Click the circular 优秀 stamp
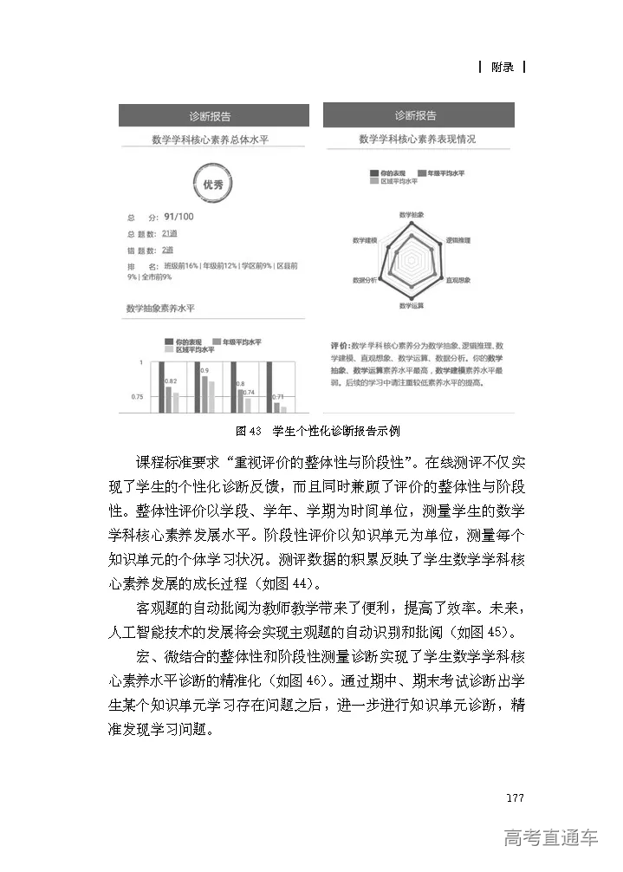tap(212, 185)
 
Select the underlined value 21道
tap(169, 234)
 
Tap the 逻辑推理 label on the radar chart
tap(458, 239)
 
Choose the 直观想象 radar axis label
tap(458, 281)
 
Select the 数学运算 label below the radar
tap(411, 306)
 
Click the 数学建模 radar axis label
tap(365, 239)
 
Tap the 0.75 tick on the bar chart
tap(136, 397)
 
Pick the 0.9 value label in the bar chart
tap(204, 370)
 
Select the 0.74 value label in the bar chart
tap(248, 393)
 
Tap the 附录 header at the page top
tap(502, 67)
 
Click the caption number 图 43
tap(249, 431)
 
